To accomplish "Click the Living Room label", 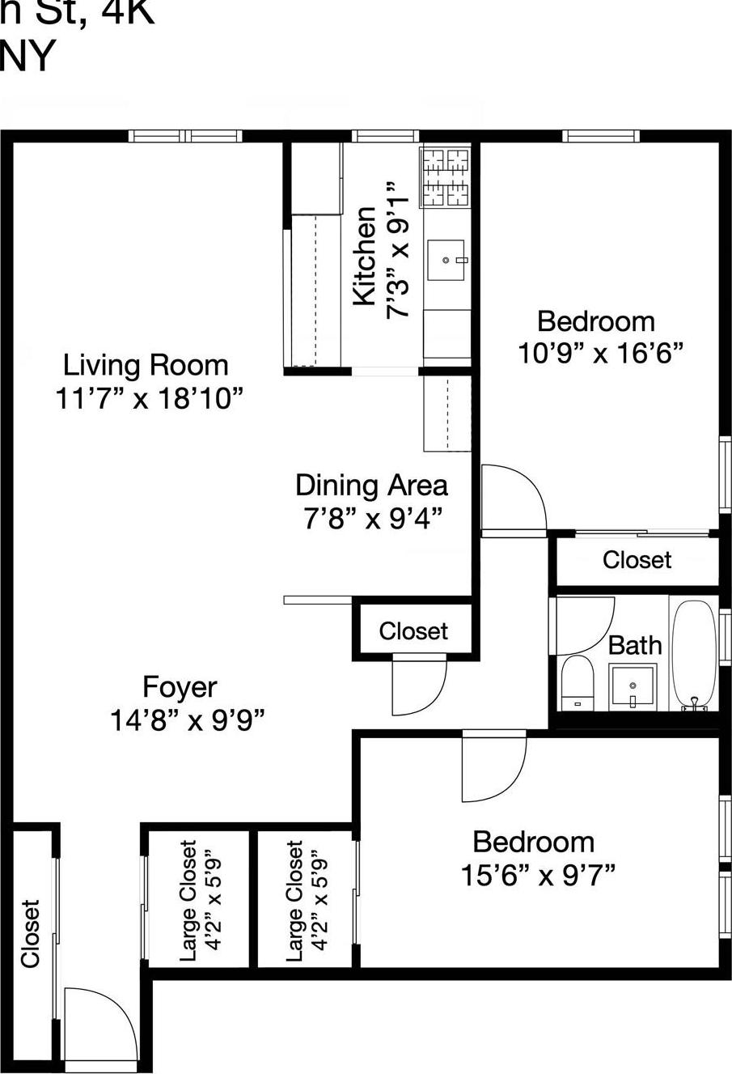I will pos(146,365).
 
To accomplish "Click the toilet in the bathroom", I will pos(578,681).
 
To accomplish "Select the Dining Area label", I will pos(371,485).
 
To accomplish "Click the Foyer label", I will pos(180,687).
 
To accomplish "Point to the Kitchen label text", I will pos(365,256).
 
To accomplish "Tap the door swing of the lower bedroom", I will pos(492,766).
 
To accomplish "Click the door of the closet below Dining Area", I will pos(417,686).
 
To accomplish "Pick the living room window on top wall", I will pos(185,136).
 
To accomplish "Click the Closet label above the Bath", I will pos(637,560).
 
